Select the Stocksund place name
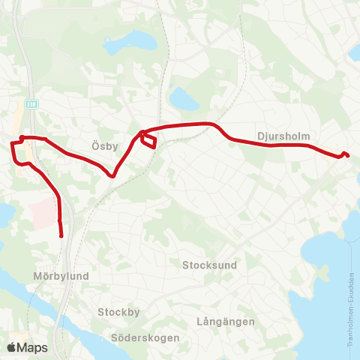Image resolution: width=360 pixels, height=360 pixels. click(x=209, y=265)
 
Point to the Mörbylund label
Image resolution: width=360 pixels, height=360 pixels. click(x=61, y=276)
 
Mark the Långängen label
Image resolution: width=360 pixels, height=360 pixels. click(x=225, y=322)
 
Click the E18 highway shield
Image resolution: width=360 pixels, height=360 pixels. click(x=31, y=103)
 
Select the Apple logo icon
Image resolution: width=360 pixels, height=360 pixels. click(x=11, y=347)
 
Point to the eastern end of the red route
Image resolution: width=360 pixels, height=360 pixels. click(x=349, y=156)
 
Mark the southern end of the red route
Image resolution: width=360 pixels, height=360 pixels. click(x=61, y=235)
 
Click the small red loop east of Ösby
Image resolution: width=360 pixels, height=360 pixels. click(x=148, y=140)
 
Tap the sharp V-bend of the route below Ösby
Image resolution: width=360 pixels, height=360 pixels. click(x=112, y=176)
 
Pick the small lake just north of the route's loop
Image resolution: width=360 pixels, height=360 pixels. click(x=182, y=98)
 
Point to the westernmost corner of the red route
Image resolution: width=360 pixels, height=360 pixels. click(x=11, y=142)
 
